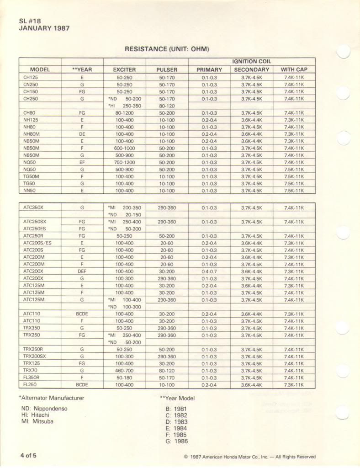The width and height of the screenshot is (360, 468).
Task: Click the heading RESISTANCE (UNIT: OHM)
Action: pyautogui.click(x=167, y=49)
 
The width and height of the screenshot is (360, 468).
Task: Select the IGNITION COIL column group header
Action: pyautogui.click(x=251, y=61)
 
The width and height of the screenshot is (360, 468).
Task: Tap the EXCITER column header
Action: pyautogui.click(x=124, y=70)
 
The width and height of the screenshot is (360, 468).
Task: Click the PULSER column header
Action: pyautogui.click(x=167, y=70)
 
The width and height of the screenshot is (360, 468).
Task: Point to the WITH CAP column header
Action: pyautogui.click(x=293, y=70)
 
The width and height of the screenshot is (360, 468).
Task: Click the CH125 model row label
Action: pyautogui.click(x=31, y=78)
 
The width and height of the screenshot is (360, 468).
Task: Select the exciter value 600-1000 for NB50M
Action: pyautogui.click(x=124, y=149)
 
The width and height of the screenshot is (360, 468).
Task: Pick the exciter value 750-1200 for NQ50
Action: pyautogui.click(x=124, y=163)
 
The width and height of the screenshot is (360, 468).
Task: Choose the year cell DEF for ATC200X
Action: pyautogui.click(x=82, y=271)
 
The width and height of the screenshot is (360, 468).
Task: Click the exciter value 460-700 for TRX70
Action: pyautogui.click(x=124, y=371)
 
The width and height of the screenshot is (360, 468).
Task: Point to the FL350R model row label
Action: pyautogui.click(x=32, y=378)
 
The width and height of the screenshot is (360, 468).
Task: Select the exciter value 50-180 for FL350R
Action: pyautogui.click(x=124, y=378)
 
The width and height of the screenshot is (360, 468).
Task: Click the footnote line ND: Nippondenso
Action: pyautogui.click(x=44, y=409)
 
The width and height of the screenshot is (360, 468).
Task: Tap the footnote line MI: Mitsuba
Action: pyautogui.click(x=37, y=421)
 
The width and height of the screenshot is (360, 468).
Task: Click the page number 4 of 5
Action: pyautogui.click(x=28, y=456)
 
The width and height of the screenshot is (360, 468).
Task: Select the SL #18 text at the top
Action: pyautogui.click(x=31, y=21)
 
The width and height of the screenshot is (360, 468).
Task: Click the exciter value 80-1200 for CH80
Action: pyautogui.click(x=124, y=113)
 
